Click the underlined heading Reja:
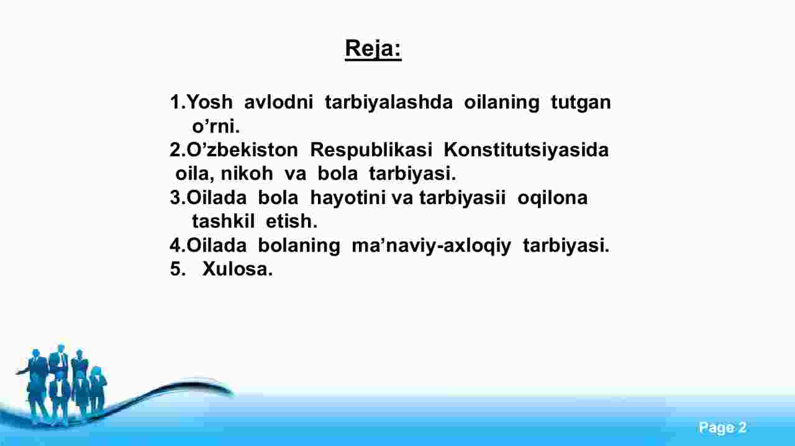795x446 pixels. pyautogui.click(x=373, y=50)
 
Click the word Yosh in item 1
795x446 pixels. pyautogui.click(x=209, y=102)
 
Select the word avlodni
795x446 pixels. pyautogui.click(x=279, y=102)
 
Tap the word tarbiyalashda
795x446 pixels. pyautogui.click(x=389, y=102)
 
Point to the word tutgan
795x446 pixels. pyautogui.click(x=581, y=103)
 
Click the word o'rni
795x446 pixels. pyautogui.click(x=216, y=126)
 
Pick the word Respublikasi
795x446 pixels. pyautogui.click(x=371, y=150)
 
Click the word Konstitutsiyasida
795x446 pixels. pyautogui.click(x=526, y=150)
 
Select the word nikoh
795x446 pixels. pyautogui.click(x=247, y=174)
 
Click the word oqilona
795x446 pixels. pyautogui.click(x=552, y=198)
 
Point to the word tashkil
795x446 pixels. pyautogui.click(x=223, y=221)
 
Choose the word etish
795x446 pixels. pyautogui.click(x=291, y=221)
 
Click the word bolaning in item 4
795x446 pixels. pyautogui.click(x=299, y=246)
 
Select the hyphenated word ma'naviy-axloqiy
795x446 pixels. pyautogui.click(x=431, y=246)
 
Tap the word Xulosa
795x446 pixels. pyautogui.click(x=237, y=269)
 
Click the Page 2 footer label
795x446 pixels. pyautogui.click(x=722, y=427)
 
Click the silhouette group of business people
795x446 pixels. pyautogui.click(x=62, y=385)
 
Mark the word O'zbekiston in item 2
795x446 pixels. pyautogui.click(x=242, y=150)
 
